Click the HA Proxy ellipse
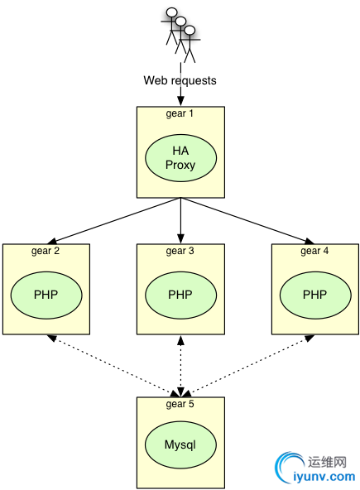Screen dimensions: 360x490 click(180, 158)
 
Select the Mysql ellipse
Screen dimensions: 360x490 click(180, 444)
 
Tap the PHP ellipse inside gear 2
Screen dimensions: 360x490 click(46, 295)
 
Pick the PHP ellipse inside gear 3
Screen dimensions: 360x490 click(180, 295)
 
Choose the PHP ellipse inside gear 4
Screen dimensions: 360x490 click(315, 295)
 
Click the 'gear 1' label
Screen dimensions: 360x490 click(180, 113)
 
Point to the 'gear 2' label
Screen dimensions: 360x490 click(46, 251)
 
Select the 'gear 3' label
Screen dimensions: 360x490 click(180, 251)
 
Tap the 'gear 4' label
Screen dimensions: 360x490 click(314, 251)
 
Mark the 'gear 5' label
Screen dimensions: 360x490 click(180, 404)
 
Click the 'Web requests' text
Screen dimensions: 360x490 click(180, 80)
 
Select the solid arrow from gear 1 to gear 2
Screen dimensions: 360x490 click(113, 221)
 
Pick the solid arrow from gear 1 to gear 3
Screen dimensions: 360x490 click(180, 221)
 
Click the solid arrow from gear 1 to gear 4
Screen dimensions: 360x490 click(247, 221)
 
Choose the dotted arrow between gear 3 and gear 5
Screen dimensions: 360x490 click(180, 366)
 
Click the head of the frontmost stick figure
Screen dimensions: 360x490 click(190, 31)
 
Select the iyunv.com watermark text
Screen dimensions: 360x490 click(324, 477)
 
